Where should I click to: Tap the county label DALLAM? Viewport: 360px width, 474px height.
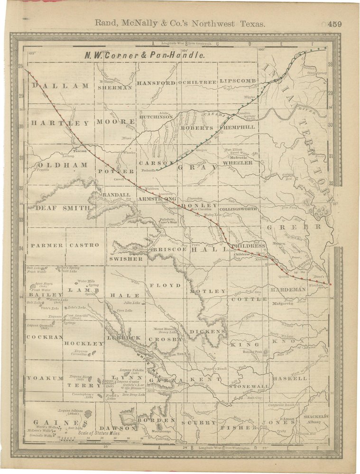60,86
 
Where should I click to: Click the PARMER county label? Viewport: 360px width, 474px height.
46,245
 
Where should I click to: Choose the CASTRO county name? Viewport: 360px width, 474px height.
84,245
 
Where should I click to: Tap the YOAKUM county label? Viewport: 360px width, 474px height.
45,378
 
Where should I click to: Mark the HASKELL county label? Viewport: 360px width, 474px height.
290,379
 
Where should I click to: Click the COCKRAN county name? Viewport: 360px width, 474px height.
44,337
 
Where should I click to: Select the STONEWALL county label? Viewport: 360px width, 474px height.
249,387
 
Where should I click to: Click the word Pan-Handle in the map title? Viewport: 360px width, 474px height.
182,55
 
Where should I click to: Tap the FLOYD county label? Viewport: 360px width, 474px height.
165,285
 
